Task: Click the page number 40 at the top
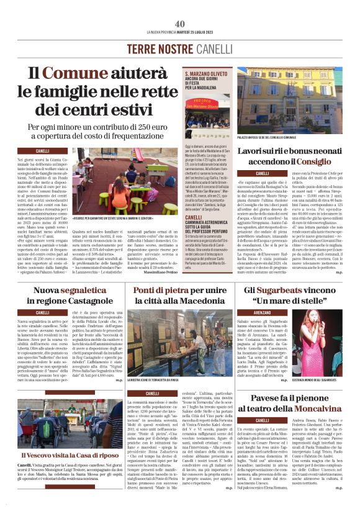coord(180,24)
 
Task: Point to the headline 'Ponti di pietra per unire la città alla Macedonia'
coord(179,295)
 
